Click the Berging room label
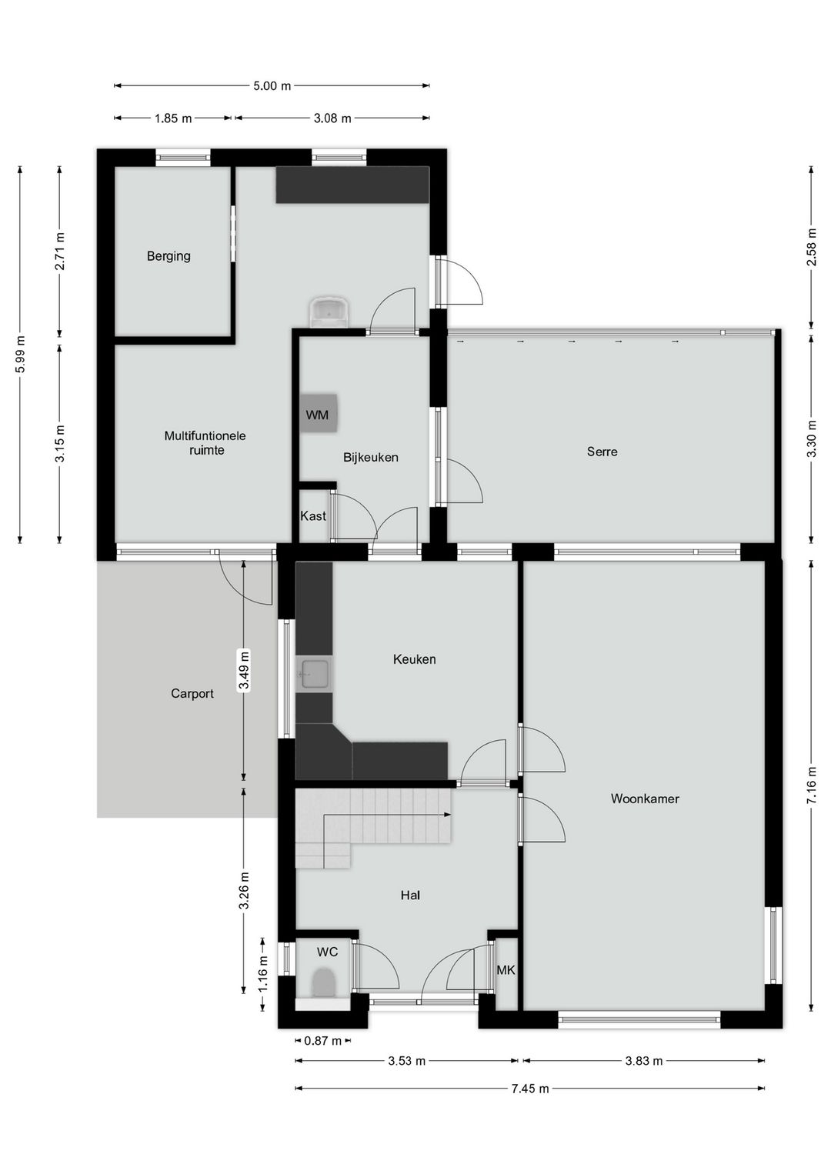[169, 256]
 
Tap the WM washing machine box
[318, 413]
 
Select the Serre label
[602, 452]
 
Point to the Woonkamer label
[644, 799]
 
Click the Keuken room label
[414, 659]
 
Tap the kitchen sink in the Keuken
[314, 674]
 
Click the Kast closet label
[313, 516]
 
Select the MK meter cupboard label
[506, 970]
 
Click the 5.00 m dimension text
[272, 85]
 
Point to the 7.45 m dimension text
[530, 1089]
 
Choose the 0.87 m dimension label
[323, 1040]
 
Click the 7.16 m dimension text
[812, 785]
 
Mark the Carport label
[192, 693]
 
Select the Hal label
[410, 896]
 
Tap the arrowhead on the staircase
[448, 815]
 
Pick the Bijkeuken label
[371, 457]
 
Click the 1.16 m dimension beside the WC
[263, 974]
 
